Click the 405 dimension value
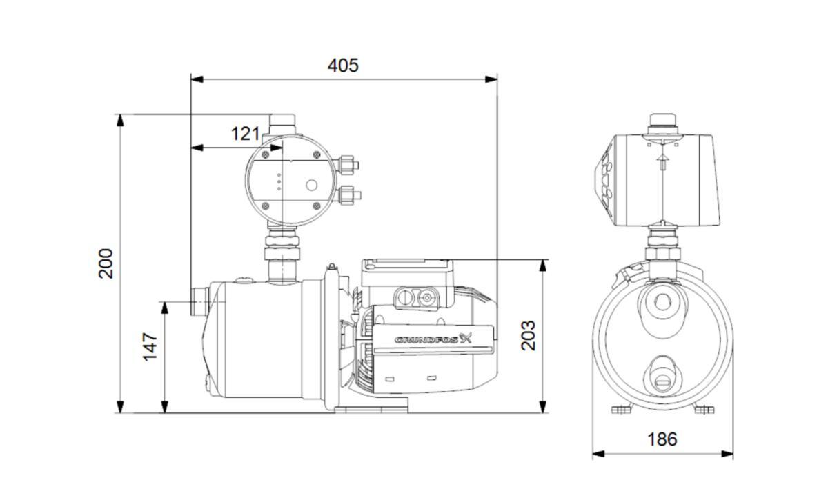(343, 66)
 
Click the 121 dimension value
(246, 133)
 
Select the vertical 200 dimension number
(106, 263)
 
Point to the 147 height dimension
(150, 346)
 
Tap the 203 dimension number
(529, 335)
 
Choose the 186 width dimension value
(662, 439)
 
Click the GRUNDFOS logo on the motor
(433, 339)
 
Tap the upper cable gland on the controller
(348, 165)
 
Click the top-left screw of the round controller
(265, 155)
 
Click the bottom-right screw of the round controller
(317, 206)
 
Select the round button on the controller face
(312, 186)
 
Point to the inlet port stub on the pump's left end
(200, 302)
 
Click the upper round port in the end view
(662, 302)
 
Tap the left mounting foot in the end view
(622, 410)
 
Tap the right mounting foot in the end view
(704, 410)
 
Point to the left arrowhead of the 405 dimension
(197, 79)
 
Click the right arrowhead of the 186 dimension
(727, 454)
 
